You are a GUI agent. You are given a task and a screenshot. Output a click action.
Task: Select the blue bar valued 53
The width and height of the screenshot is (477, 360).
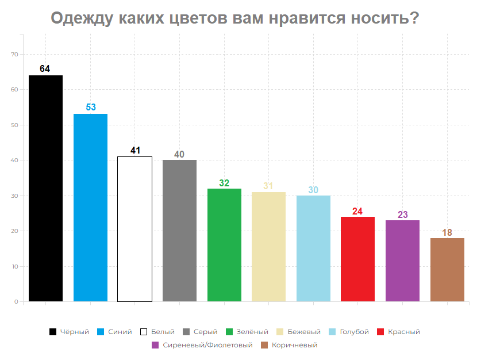[90, 207]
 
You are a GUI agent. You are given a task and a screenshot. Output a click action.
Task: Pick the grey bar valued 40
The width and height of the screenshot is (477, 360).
[179, 230]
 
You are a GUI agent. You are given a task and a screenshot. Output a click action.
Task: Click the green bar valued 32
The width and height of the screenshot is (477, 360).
[224, 244]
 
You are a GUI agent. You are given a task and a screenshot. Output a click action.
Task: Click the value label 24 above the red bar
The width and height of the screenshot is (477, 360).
[357, 211]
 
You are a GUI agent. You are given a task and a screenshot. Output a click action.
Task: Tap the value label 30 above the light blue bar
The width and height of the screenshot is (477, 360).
[313, 190]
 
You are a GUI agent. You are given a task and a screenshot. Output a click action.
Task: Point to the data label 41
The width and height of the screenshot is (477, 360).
[135, 151]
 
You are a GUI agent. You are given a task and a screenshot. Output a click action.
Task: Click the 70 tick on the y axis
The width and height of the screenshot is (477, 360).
[15, 55]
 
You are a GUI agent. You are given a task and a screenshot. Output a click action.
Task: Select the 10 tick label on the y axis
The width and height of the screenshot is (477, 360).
[15, 266]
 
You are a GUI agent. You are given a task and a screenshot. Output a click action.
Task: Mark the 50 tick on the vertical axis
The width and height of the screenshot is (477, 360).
[15, 125]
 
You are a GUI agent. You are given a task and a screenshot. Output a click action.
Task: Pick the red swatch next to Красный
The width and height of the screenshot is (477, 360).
[380, 332]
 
